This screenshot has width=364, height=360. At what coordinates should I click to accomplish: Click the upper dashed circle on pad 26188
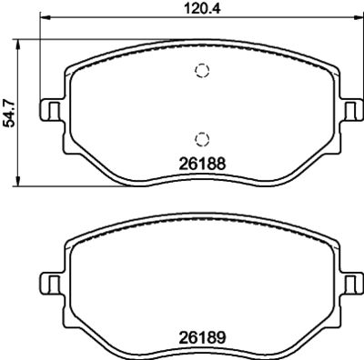201,73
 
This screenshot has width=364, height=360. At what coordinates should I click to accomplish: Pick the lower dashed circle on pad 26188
201,137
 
